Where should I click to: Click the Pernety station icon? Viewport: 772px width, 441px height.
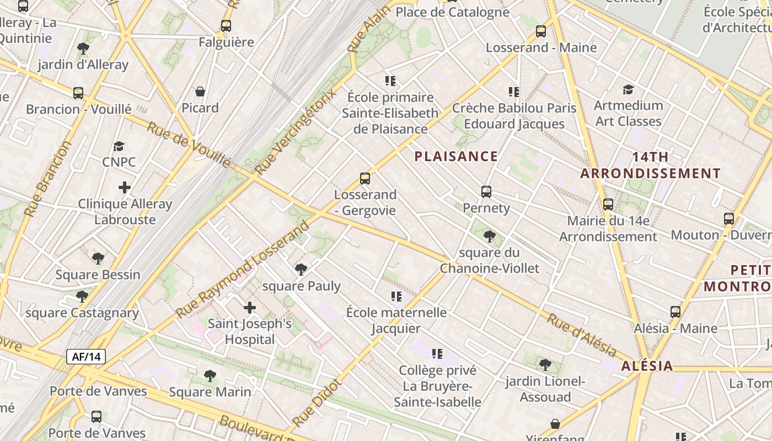tap(486, 192)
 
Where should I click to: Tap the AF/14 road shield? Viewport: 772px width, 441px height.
tap(86, 357)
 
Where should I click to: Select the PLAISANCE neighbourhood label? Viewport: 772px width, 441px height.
tap(456, 157)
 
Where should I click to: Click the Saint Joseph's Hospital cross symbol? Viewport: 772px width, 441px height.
tap(250, 308)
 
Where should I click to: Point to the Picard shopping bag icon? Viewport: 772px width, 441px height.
tap(200, 92)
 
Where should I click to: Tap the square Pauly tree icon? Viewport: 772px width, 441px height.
tap(301, 270)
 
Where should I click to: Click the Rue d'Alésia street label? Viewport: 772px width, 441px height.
tap(582, 335)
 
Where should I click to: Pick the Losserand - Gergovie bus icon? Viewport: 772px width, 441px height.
tap(364, 179)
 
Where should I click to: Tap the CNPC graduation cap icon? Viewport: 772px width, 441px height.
tap(119, 146)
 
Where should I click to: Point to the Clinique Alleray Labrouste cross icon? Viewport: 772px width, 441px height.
tap(125, 187)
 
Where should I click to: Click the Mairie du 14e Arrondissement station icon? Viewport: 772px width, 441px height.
tap(608, 205)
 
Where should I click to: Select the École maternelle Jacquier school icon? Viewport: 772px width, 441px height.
tap(396, 297)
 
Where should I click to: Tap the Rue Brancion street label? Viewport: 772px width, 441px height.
tap(49, 179)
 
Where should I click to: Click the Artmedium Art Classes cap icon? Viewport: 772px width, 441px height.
tap(628, 89)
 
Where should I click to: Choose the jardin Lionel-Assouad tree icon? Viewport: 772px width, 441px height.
tap(545, 365)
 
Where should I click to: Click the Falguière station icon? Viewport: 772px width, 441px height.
tap(226, 26)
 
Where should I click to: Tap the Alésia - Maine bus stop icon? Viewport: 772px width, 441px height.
tap(675, 312)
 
